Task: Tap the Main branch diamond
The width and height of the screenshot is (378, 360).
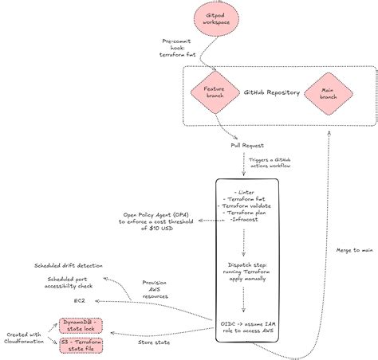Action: [x=327, y=93]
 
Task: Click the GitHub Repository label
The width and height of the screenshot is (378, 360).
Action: [x=273, y=92]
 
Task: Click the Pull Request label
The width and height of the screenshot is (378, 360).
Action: [x=246, y=146]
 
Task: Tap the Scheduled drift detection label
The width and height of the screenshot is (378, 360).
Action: [x=68, y=264]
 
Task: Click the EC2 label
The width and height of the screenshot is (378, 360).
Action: [x=80, y=301]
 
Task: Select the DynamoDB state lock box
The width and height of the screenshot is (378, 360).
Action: [x=81, y=325]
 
